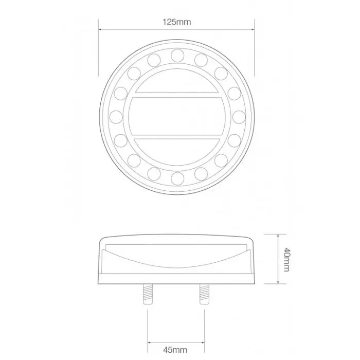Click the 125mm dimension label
(176, 22)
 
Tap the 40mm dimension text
(287, 259)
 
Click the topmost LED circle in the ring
(177, 55)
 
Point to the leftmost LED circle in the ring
(116, 116)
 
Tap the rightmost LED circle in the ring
(238, 116)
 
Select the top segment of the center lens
(177, 81)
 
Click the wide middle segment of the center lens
(177, 116)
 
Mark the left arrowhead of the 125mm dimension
(100, 29)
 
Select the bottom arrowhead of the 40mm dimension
(278, 282)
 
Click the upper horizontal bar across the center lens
(177, 95)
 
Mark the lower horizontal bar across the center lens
(177, 137)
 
